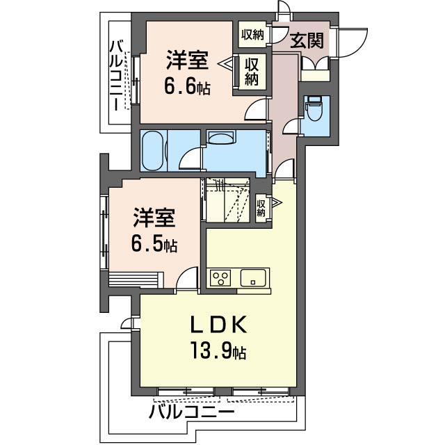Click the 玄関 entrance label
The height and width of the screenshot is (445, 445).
pyautogui.click(x=307, y=40)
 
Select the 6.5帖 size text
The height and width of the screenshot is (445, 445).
pyautogui.click(x=154, y=245)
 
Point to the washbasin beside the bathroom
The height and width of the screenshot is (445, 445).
pyautogui.click(x=221, y=138)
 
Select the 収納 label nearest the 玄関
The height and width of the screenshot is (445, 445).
pyautogui.click(x=252, y=34)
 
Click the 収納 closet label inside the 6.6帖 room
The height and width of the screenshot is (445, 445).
pyautogui.click(x=252, y=71)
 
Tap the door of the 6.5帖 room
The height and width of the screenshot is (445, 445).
pyautogui.click(x=186, y=279)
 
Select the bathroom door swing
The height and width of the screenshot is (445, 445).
pyautogui.click(x=191, y=161)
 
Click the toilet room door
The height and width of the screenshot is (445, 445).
pyautogui.click(x=293, y=125)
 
